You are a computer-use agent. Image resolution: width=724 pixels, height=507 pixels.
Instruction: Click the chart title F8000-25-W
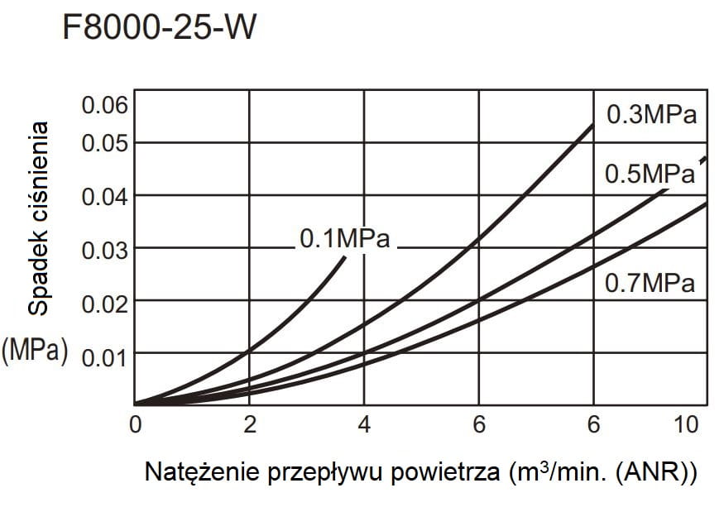pos(159,28)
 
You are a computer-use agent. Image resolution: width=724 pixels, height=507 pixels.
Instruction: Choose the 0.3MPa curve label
pos(651,114)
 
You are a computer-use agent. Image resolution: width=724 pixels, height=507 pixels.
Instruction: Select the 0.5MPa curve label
pos(650,174)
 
